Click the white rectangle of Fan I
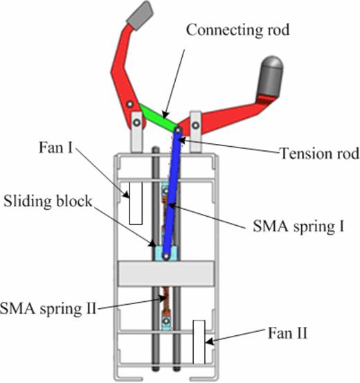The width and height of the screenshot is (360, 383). [135, 203]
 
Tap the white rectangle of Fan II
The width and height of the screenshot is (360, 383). [200, 341]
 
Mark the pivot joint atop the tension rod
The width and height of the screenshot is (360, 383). [177, 130]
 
